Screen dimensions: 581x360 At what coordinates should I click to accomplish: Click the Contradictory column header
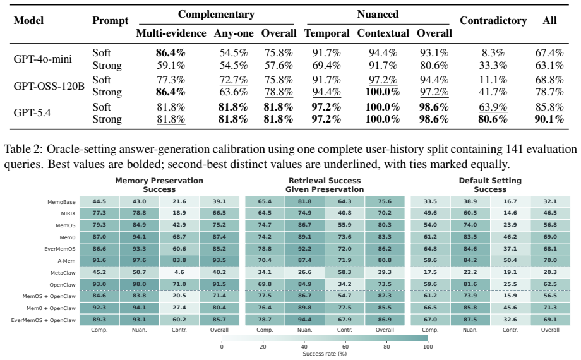coord(493,21)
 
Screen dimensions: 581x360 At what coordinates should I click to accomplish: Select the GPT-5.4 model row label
coord(32,112)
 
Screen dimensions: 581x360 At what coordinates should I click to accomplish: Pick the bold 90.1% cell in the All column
coord(549,119)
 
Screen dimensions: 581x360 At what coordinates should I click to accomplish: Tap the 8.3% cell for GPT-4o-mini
coord(493,53)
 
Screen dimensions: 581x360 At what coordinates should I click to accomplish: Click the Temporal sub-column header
coord(327,33)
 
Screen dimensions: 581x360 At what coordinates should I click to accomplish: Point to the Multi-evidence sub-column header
coord(171,33)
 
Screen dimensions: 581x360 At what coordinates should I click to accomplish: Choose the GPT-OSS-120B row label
coord(49,86)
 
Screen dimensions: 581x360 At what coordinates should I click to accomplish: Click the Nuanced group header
coord(378,14)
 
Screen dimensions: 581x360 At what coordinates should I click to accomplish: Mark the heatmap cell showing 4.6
coord(179,272)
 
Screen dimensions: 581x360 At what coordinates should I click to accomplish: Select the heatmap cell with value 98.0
coord(140,284)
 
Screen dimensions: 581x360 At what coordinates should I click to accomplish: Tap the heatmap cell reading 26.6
coord(304,272)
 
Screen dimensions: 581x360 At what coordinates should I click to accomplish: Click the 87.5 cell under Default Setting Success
coord(470,320)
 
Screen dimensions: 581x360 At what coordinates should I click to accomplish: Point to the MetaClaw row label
coord(63,273)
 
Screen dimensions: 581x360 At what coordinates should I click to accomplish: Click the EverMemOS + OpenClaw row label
coord(44,320)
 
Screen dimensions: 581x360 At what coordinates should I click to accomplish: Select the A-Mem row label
coord(67,261)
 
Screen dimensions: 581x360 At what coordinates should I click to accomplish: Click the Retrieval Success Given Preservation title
coord(325,185)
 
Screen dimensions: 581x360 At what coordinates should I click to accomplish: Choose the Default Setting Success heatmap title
coord(490,185)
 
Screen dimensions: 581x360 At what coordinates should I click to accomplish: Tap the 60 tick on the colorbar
coord(345,347)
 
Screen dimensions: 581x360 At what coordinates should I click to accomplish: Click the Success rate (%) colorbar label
coord(325,354)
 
